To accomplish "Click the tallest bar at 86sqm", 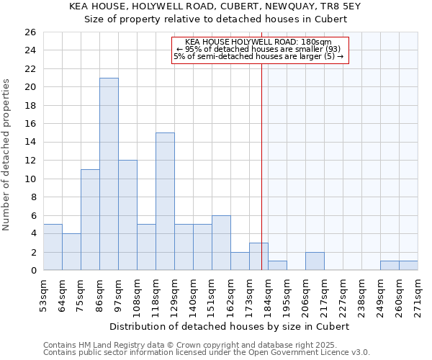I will point(109,174).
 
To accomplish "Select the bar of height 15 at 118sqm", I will point(165,202).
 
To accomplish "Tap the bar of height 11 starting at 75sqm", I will point(90,220).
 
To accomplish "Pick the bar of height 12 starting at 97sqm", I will point(127,215).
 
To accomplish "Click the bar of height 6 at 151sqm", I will point(221,243).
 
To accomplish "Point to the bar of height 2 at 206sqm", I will point(315,261).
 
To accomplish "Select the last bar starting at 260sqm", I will point(408,266).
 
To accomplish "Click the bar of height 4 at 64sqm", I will point(71,252).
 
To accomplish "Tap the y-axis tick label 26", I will point(30,32).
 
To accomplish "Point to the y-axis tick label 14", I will point(30,143).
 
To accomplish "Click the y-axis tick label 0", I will point(32,271).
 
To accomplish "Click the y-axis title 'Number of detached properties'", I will point(7,151).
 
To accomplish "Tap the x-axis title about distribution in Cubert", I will point(230,326).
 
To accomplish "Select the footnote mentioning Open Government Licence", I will point(207,352).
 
